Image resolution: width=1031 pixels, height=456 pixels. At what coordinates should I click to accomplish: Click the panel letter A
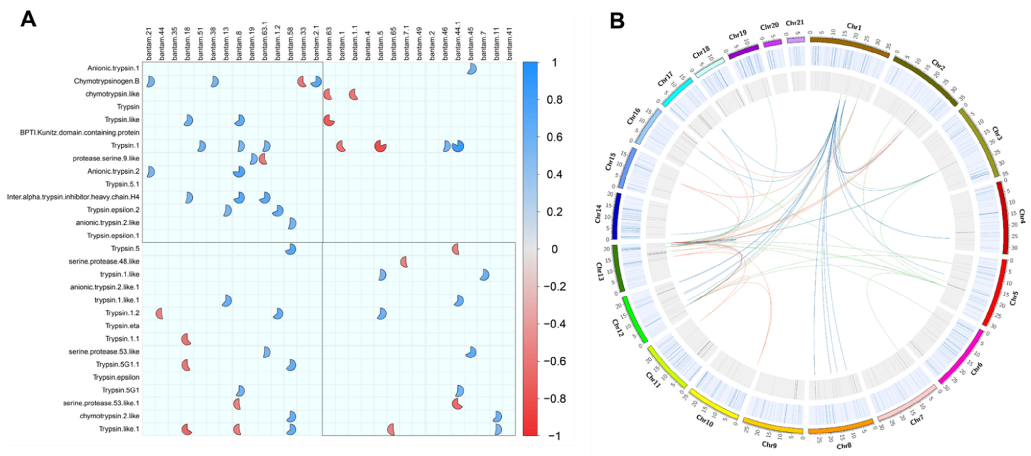click(x=28, y=19)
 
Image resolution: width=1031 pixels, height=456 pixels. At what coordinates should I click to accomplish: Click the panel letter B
click(x=617, y=20)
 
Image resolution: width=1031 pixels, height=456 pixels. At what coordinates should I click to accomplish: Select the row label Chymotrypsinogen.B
click(x=106, y=81)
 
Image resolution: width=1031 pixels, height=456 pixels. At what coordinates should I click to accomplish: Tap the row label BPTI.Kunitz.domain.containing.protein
click(x=80, y=133)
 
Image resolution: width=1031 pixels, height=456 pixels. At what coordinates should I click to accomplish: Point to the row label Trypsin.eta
click(x=122, y=326)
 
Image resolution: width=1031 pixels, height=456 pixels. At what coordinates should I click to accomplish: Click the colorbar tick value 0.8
click(x=554, y=100)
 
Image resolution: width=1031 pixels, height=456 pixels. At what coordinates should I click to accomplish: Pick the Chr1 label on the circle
click(x=854, y=27)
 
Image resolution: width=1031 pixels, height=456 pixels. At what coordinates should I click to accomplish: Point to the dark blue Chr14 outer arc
click(x=618, y=216)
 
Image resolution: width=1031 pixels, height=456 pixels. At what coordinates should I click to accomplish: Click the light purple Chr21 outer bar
click(x=795, y=40)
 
